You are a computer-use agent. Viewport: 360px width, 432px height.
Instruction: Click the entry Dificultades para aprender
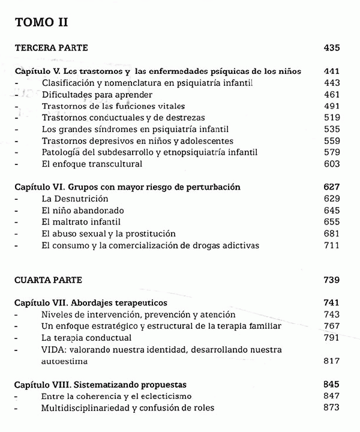pos(97,94)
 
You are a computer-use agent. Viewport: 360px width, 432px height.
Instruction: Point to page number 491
pos(331,106)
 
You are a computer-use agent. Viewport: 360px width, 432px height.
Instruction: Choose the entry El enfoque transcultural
pos(92,164)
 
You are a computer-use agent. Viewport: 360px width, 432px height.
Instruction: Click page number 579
pos(331,152)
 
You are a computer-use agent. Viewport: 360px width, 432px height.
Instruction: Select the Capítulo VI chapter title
pos(127,187)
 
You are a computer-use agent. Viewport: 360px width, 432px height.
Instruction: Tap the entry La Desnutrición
pos(75,199)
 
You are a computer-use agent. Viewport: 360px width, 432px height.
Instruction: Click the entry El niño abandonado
pos(82,211)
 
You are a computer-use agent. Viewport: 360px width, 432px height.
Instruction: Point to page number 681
pos(331,233)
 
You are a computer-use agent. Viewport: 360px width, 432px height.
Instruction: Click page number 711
pos(331,245)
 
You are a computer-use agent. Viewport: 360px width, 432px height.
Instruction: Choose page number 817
pos(331,361)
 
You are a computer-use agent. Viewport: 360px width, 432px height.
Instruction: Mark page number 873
pos(331,408)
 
